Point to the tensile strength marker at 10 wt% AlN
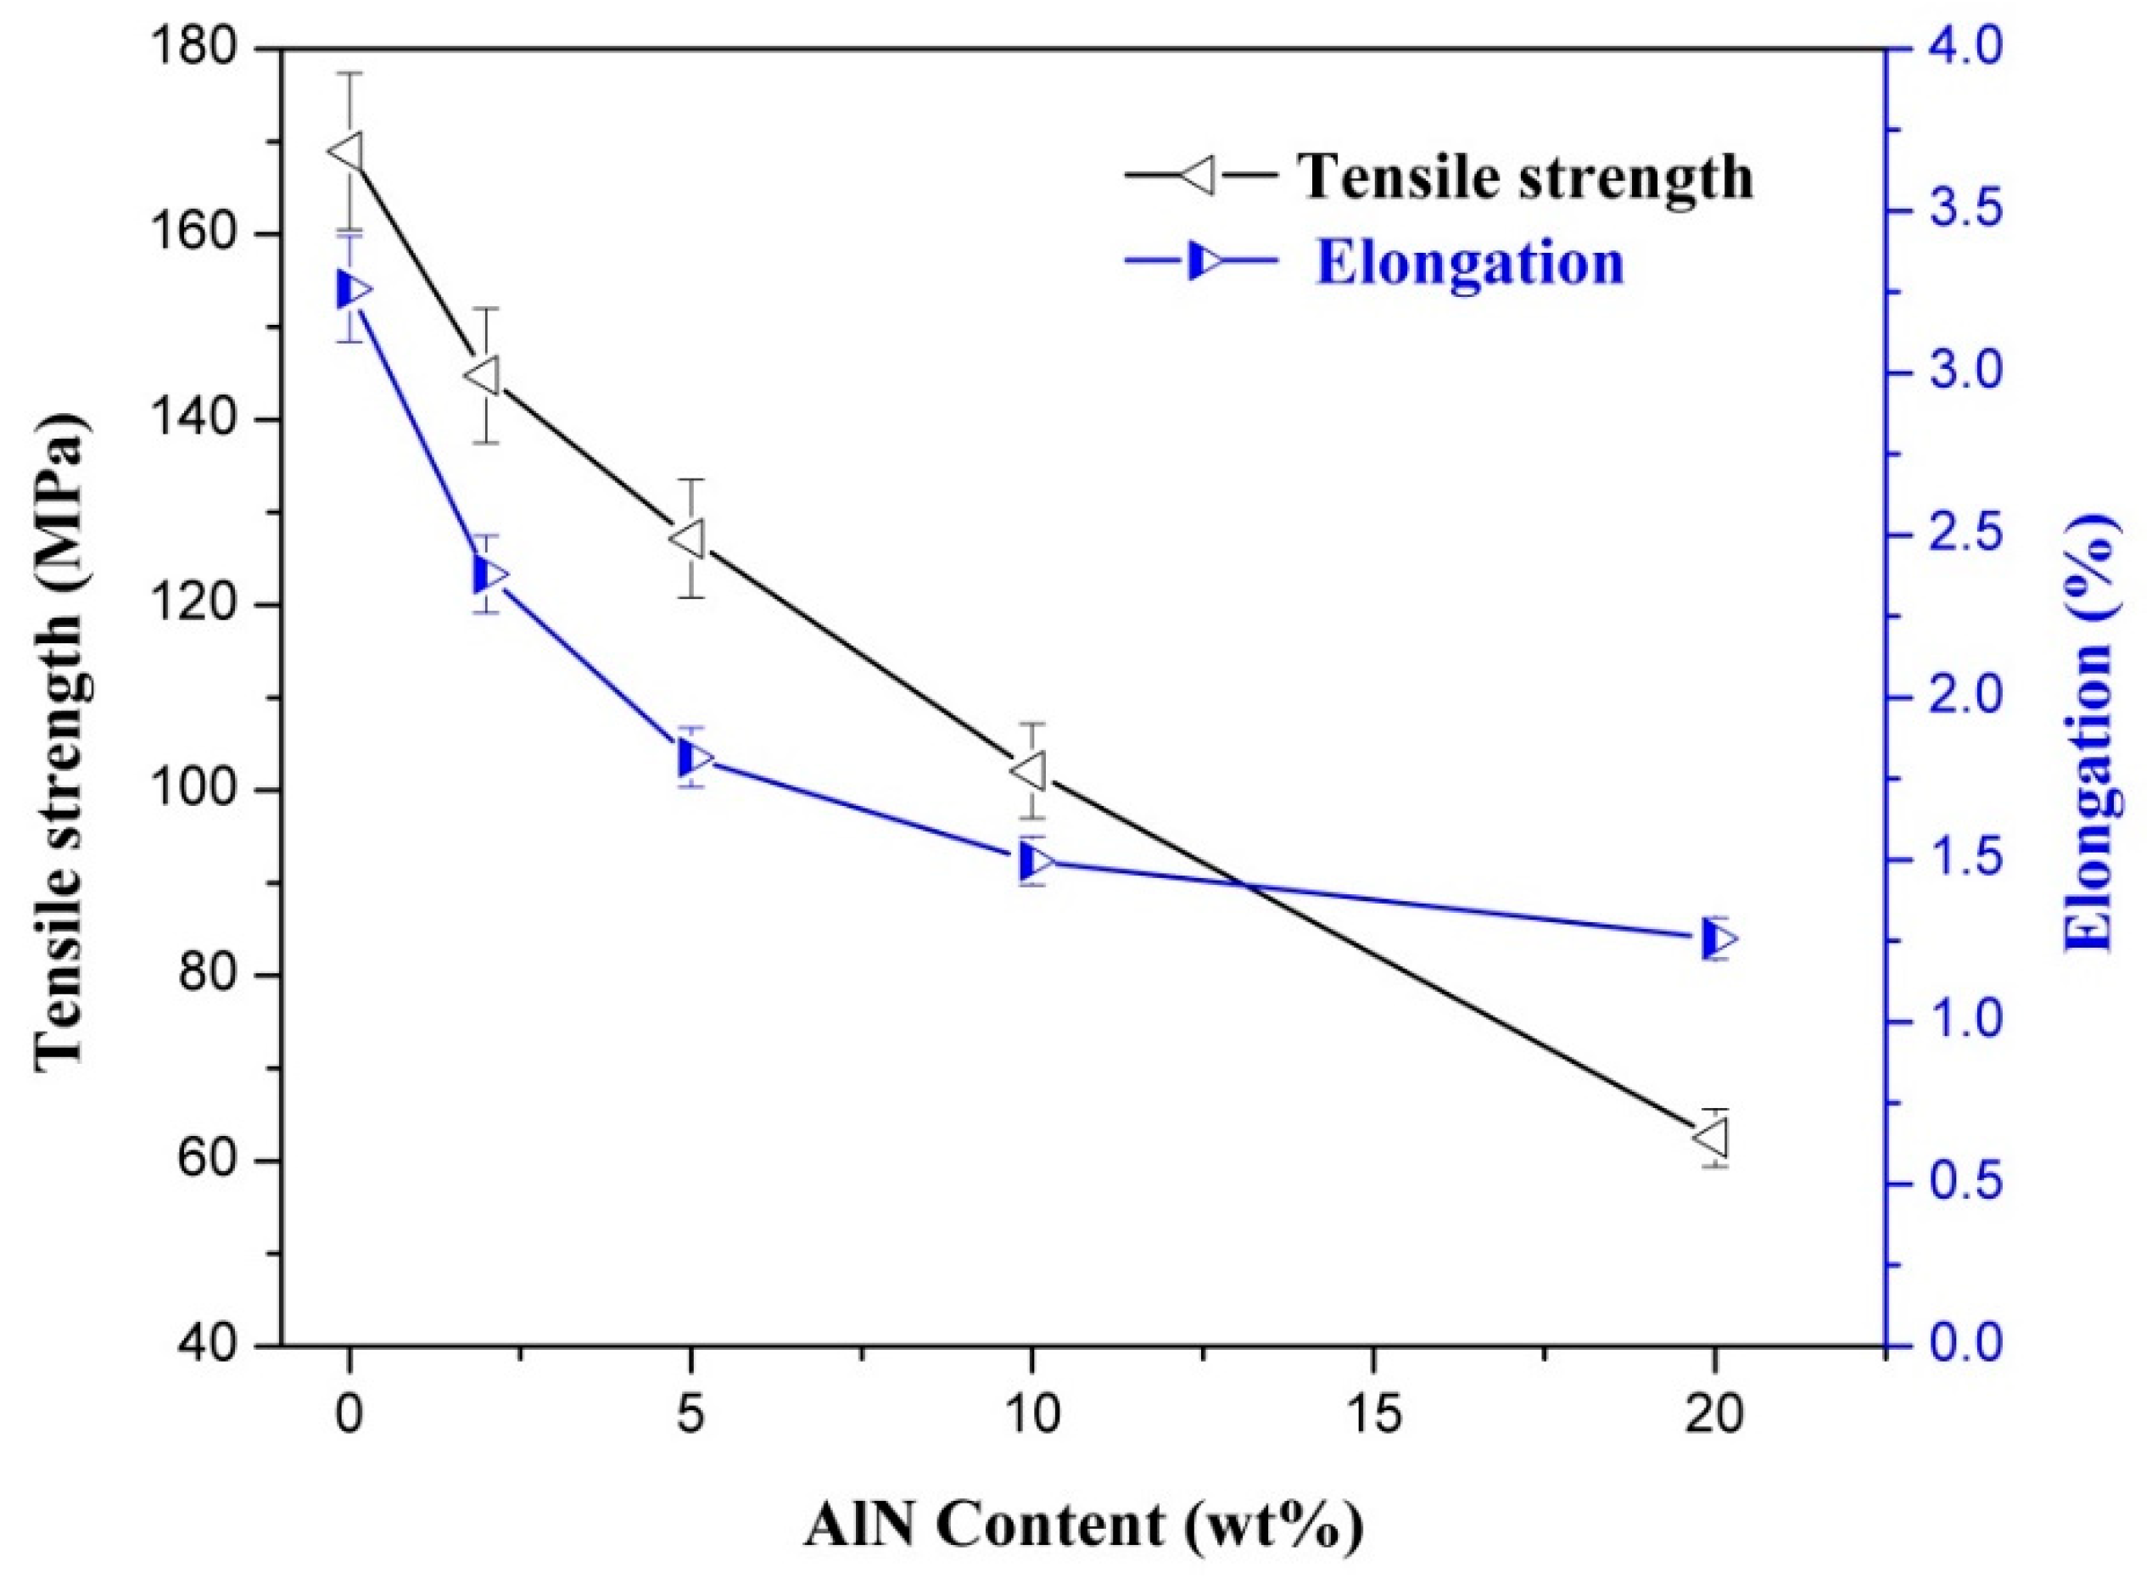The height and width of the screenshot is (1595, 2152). click(1029, 771)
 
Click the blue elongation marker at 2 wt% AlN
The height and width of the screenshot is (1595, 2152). click(489, 575)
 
